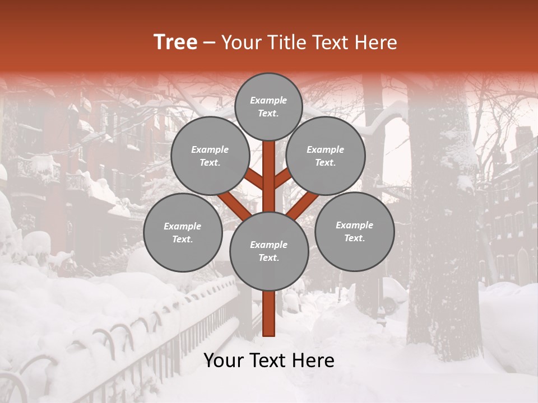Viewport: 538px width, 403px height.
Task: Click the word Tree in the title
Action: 175,42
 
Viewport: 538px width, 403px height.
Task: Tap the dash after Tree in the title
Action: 209,43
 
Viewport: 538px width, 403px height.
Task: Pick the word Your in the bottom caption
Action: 224,360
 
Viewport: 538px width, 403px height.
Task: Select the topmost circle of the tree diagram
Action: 268,106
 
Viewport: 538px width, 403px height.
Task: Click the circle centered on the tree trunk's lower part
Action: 268,251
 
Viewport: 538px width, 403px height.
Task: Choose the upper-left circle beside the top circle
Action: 210,156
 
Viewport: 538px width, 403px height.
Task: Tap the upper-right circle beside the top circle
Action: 326,156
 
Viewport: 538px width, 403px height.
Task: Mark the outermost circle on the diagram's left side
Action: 183,232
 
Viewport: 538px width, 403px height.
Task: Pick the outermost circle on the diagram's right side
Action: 354,231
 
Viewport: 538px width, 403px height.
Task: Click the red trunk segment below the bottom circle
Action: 268,313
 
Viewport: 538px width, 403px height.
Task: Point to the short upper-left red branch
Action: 254,179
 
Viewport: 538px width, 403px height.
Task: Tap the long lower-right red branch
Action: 303,205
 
